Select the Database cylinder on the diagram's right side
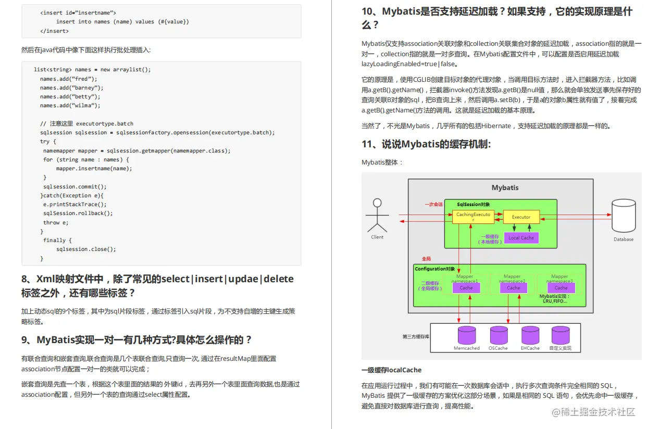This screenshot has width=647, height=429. click(x=623, y=216)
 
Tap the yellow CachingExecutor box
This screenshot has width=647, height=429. click(x=473, y=217)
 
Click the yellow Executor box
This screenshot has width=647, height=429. click(x=521, y=217)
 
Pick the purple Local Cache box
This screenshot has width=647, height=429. click(x=521, y=237)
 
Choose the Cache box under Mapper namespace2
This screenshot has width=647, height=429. click(x=513, y=287)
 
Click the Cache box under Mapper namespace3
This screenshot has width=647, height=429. click(x=561, y=287)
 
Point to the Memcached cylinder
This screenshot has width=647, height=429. click(x=466, y=336)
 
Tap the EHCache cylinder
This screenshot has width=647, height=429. click(x=530, y=336)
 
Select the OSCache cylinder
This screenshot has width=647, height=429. click(x=499, y=336)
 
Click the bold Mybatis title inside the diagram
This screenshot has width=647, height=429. click(x=505, y=187)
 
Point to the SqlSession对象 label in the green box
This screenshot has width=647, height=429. click(x=473, y=204)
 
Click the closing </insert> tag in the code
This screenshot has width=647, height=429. click(x=54, y=31)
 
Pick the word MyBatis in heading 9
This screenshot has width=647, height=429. click(x=57, y=340)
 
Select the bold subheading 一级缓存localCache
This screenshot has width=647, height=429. click(x=391, y=370)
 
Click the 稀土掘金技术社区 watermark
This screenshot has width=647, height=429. click(x=593, y=412)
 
